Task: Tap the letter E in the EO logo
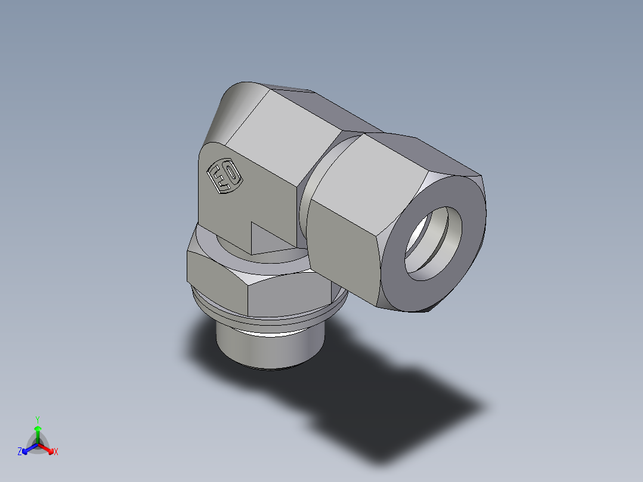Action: (x=218, y=180)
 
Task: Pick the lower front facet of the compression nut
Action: (x=343, y=251)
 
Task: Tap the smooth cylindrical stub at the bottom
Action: (x=268, y=349)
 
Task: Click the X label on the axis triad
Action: (x=55, y=452)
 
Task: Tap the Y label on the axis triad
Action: (x=37, y=419)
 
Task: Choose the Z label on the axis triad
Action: (x=19, y=452)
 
